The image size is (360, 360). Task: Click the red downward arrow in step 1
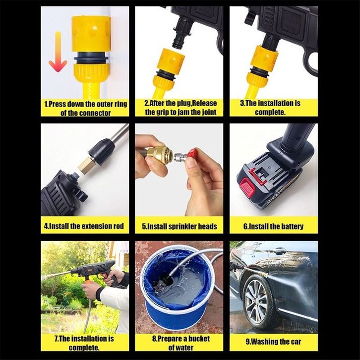tap(58, 52)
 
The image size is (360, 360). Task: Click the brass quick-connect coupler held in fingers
tap(158, 153)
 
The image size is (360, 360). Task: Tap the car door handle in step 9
tap(280, 251)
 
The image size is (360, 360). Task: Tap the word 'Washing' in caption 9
tap(265, 341)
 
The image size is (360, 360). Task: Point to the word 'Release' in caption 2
tap(204, 103)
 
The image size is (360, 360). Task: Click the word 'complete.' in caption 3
tap(270, 112)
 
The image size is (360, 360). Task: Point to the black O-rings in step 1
tap(91, 58)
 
